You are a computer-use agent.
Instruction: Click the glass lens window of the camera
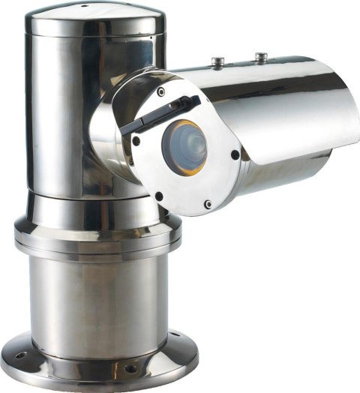coord(184,145)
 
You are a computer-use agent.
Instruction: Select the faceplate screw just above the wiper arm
coord(160,91)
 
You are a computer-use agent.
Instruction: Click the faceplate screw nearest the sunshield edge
coord(235,155)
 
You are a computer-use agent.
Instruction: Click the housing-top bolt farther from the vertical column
coord(259,55)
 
